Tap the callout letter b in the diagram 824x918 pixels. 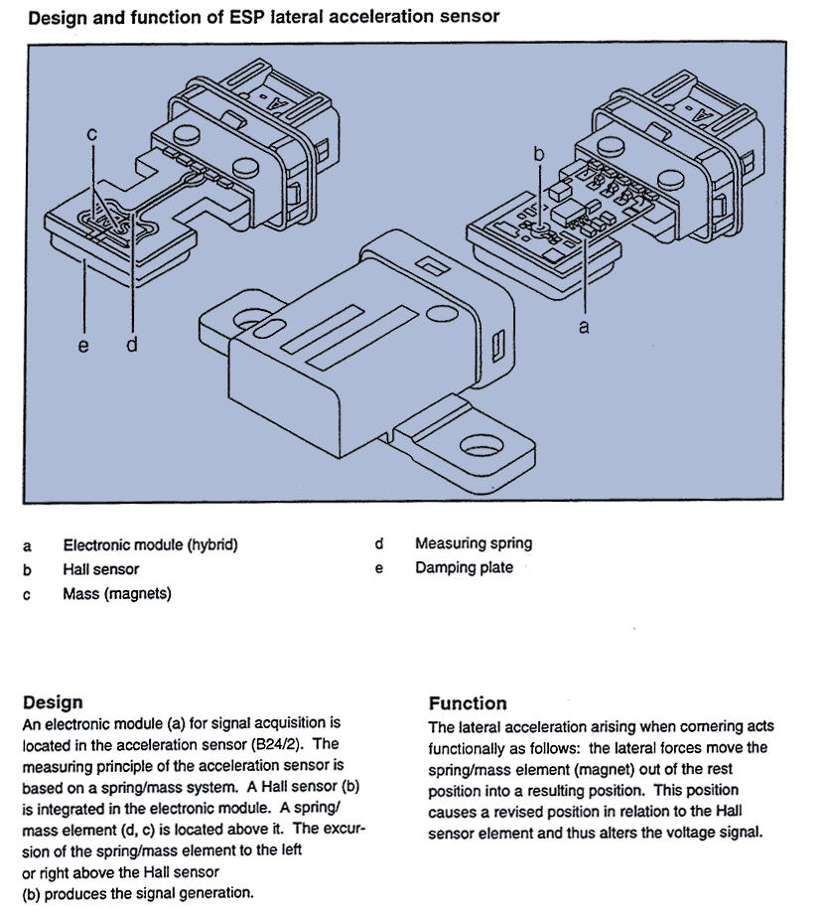point(539,154)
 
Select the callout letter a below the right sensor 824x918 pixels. point(584,326)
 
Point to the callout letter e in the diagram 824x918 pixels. point(83,346)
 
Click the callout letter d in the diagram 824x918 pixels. point(131,346)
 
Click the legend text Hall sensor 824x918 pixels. point(100,569)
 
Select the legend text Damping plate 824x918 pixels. point(464,567)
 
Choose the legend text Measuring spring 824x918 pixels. point(474,543)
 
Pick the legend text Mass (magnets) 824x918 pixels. point(117,594)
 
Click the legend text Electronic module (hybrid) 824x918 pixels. point(151,544)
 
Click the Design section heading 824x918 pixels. point(53,702)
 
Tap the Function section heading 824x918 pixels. point(468,703)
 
